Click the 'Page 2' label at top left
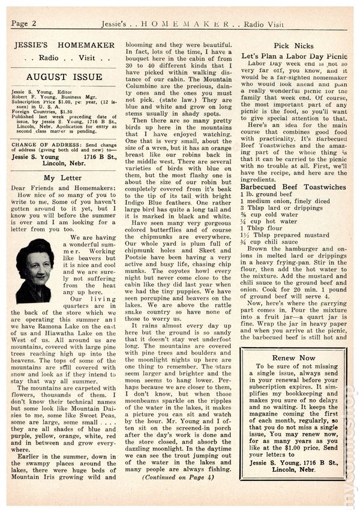pos(25,23)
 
